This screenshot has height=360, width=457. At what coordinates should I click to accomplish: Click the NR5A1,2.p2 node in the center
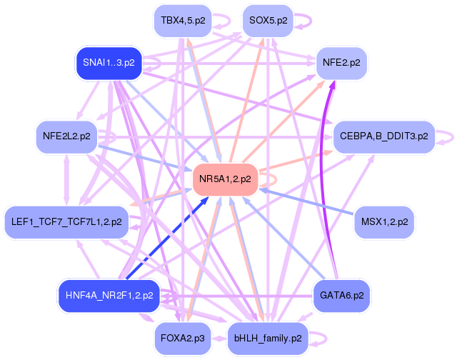[225, 179]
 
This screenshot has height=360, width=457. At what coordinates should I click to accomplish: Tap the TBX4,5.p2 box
[183, 21]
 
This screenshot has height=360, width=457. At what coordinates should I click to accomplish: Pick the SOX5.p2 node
[268, 21]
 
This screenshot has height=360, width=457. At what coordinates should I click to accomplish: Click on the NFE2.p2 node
[341, 63]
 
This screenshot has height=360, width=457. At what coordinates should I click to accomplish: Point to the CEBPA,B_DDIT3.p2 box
[383, 136]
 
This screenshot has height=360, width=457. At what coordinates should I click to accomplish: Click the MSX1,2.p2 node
[384, 222]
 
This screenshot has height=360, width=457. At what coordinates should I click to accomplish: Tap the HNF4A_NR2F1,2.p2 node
[109, 295]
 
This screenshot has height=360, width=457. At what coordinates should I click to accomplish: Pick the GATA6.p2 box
[341, 295]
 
